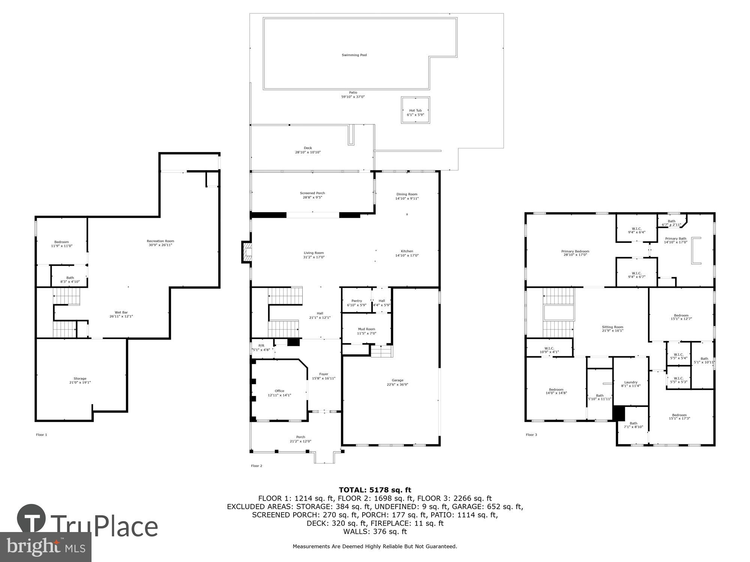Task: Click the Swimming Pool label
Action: [x=354, y=55]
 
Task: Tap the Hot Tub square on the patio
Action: [x=415, y=110]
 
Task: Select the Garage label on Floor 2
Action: [x=397, y=380]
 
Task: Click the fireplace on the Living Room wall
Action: [x=247, y=252]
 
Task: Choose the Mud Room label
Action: [x=366, y=329]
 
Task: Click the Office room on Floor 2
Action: [x=279, y=391]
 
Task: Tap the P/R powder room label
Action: [x=261, y=345]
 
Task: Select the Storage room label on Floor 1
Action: [x=80, y=379]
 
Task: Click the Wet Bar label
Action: [x=121, y=312]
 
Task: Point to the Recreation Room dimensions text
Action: [x=160, y=245]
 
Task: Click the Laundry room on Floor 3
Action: [x=631, y=383]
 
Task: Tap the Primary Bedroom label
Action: [x=575, y=251]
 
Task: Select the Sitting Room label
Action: [x=612, y=327]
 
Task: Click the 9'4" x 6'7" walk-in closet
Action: [x=636, y=275]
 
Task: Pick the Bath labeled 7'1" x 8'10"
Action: [x=633, y=425]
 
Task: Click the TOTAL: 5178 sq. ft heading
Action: [x=375, y=490]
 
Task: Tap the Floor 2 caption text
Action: [x=256, y=466]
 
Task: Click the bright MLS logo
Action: [x=45, y=547]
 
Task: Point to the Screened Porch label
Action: [x=312, y=193]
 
